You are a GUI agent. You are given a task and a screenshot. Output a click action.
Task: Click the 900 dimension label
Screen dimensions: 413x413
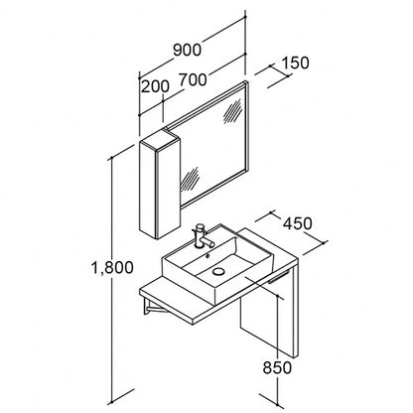coord(187,50)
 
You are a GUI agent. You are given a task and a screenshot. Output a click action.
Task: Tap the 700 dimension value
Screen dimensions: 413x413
coord(193,79)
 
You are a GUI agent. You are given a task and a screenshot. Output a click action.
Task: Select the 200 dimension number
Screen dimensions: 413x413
coord(155,86)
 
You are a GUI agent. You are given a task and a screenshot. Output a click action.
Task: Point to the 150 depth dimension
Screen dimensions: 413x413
coord(295,63)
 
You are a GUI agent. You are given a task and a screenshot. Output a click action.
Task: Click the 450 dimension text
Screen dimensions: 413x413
coord(297,223)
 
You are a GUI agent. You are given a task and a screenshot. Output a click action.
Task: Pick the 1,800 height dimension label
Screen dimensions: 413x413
coord(112,267)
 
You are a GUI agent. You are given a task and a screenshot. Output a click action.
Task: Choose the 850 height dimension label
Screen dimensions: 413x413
coord(277,367)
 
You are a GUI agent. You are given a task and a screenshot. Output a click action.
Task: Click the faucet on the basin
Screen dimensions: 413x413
coord(202,236)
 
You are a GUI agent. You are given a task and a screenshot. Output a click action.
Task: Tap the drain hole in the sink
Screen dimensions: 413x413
coord(218,271)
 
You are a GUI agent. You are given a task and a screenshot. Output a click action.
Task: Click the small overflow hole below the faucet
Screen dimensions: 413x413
coord(207,255)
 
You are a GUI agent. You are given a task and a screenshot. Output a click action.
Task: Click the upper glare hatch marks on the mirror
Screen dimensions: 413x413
coord(232,111)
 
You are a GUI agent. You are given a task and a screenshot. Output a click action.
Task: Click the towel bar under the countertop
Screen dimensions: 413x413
coord(279,277)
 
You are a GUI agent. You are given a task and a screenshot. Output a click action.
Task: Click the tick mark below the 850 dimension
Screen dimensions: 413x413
coord(272,400)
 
